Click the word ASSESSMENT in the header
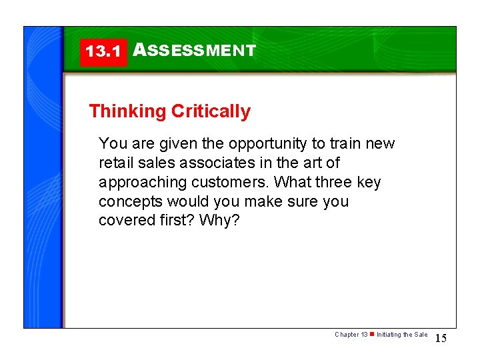point(195,51)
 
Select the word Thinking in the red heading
point(127,111)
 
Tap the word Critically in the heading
point(211,111)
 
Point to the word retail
point(115,163)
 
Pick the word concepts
point(129,201)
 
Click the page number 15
point(441,339)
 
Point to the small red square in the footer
point(372,335)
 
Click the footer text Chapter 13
point(351,335)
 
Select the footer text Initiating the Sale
point(402,335)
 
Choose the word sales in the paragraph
point(151,163)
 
